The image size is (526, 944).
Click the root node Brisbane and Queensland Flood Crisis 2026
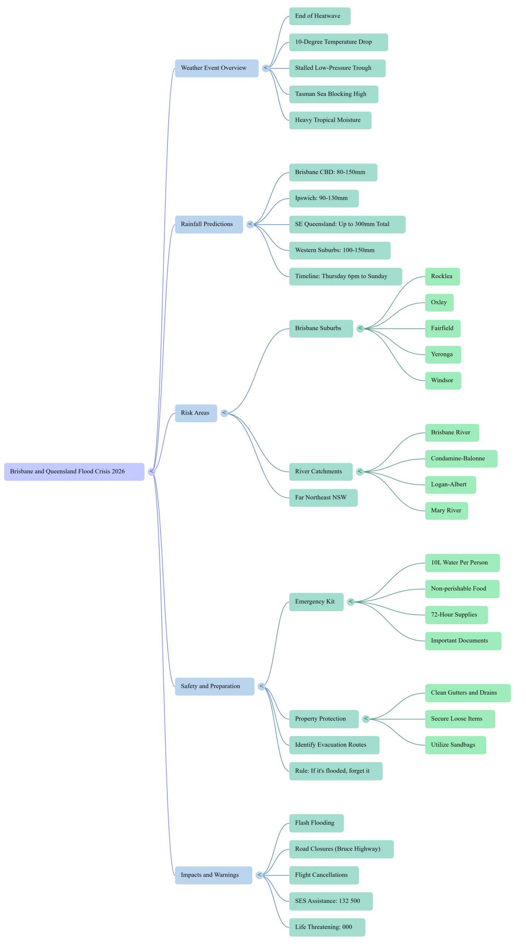[74, 471]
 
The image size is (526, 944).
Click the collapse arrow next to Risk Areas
[224, 413]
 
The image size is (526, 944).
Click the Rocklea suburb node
[442, 276]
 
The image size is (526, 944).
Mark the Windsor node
[443, 380]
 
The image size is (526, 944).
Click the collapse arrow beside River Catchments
[360, 471]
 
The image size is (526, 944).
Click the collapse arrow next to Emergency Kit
[351, 601]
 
